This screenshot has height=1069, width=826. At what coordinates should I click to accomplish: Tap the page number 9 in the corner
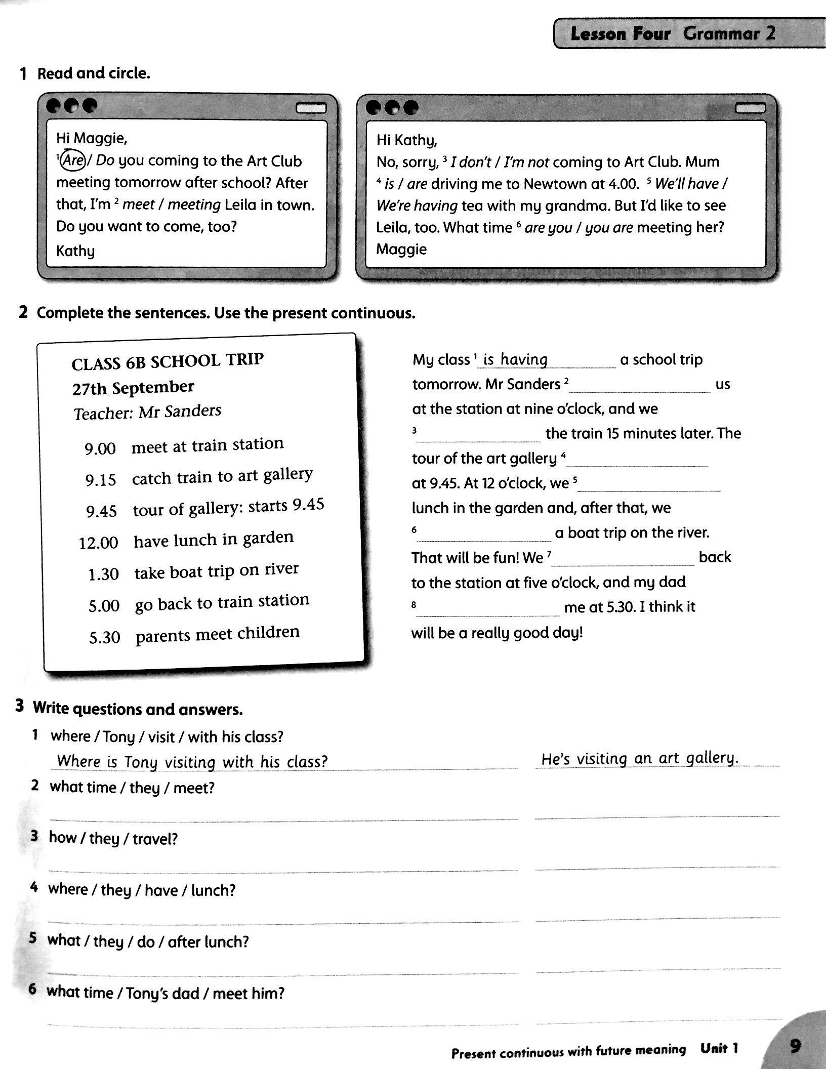(x=795, y=1046)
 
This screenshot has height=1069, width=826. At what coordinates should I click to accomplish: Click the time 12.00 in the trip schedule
(x=98, y=543)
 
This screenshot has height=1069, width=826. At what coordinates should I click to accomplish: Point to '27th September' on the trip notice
(x=133, y=388)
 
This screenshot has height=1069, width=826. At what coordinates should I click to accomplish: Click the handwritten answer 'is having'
(x=515, y=359)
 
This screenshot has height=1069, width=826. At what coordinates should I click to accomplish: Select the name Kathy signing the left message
(x=75, y=251)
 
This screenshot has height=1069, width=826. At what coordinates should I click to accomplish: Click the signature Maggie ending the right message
(x=401, y=249)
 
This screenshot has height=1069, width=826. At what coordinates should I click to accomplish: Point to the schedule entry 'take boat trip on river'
(x=216, y=571)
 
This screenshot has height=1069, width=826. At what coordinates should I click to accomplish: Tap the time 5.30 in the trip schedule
(x=104, y=637)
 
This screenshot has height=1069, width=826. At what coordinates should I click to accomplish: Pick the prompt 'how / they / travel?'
(x=113, y=838)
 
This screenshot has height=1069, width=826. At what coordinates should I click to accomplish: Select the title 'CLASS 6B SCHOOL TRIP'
(x=168, y=361)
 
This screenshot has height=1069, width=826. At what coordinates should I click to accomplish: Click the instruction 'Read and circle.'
(x=94, y=74)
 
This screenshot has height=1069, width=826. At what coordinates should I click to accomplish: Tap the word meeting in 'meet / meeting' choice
(x=194, y=204)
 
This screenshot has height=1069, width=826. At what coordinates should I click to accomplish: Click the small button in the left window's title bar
(x=311, y=108)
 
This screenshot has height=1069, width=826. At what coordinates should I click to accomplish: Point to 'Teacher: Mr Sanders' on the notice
(x=147, y=412)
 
